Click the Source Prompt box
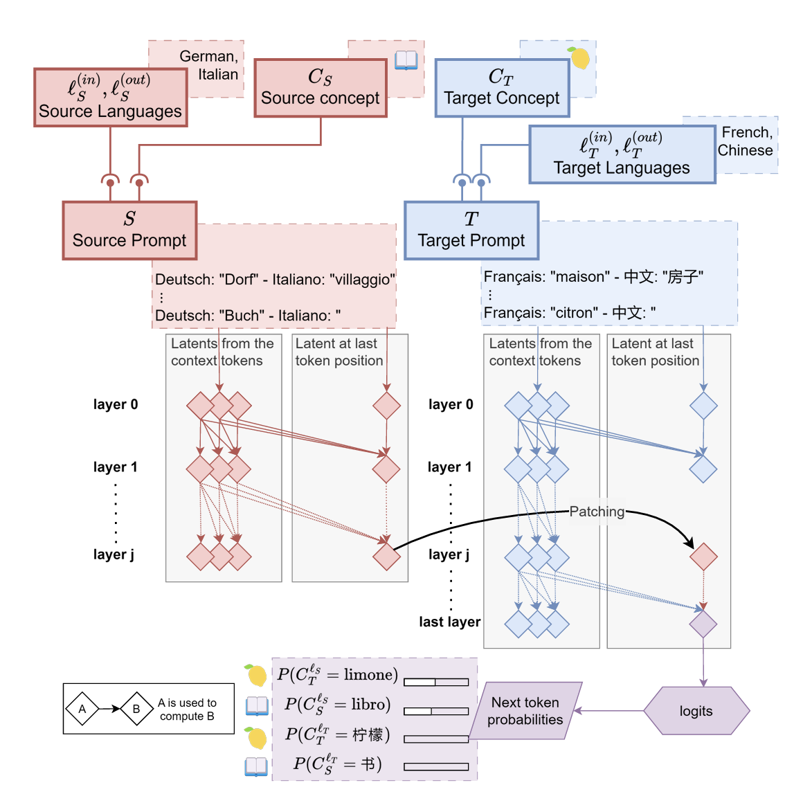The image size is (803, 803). tap(129, 231)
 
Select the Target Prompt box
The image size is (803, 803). tap(471, 231)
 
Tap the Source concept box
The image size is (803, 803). tap(320, 88)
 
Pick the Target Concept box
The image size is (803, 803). tap(502, 88)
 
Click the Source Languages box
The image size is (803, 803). tap(110, 98)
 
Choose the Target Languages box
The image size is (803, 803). tap(622, 154)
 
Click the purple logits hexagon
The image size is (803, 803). tap(696, 711)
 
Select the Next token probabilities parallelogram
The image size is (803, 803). tap(525, 711)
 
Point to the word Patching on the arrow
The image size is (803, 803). tap(597, 512)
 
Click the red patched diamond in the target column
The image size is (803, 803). tap(703, 557)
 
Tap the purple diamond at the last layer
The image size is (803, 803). tap(703, 624)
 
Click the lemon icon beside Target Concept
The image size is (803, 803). tap(579, 58)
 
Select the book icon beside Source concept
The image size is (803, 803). tap(406, 60)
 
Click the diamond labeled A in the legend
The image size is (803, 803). tap(82, 709)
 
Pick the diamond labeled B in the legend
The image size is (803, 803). tap(136, 709)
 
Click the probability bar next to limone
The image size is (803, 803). tap(436, 682)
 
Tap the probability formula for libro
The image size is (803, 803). tap(338, 705)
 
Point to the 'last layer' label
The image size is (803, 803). tap(449, 622)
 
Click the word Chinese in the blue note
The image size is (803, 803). tap(745, 150)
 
